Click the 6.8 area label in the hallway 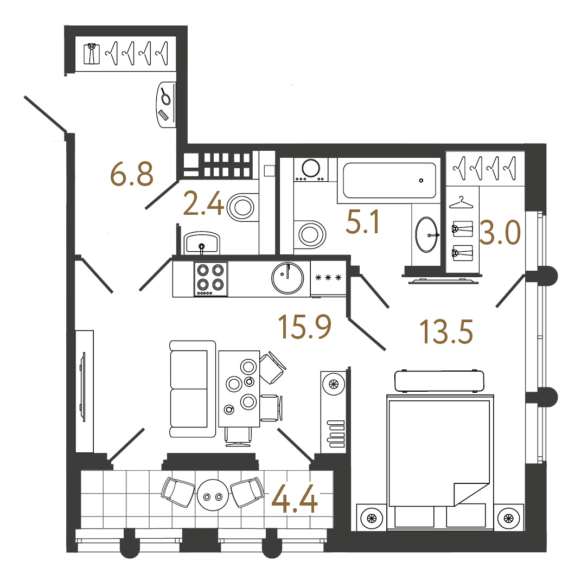(132, 174)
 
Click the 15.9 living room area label (304, 327)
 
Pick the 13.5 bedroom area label (446, 331)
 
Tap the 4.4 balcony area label (295, 499)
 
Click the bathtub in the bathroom (389, 181)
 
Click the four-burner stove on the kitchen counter (210, 279)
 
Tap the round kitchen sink (288, 278)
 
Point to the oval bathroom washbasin (426, 234)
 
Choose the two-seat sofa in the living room (193, 389)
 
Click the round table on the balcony (213, 495)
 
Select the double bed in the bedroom (440, 462)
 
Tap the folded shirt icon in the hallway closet (92, 54)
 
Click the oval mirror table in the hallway (165, 105)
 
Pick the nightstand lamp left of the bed (372, 518)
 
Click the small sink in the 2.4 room (202, 242)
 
